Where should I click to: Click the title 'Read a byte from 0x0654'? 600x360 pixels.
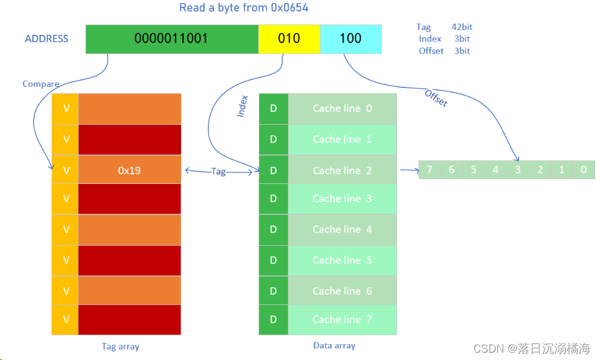243,8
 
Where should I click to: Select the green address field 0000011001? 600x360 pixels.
171,39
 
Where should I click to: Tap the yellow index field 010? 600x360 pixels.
289,39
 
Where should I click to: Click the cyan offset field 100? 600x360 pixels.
350,39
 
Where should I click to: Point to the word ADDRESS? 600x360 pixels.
46,39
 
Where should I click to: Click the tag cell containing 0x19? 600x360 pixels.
130,171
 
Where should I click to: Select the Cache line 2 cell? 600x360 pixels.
342,171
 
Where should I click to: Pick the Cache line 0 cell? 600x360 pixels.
342,108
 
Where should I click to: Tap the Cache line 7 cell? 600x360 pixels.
342,319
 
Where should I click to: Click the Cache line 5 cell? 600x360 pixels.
342,260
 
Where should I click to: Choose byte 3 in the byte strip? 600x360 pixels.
517,169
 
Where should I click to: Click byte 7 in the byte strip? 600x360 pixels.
429,169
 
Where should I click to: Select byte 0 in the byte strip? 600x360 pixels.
583,169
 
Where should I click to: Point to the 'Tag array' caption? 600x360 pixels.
120,347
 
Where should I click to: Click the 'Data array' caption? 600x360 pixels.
334,345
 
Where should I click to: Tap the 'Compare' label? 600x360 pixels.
41,84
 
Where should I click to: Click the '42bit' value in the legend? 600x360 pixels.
462,27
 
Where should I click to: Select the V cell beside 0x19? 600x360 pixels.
66,171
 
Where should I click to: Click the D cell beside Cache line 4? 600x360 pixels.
273,229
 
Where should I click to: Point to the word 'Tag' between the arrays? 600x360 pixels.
218,172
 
